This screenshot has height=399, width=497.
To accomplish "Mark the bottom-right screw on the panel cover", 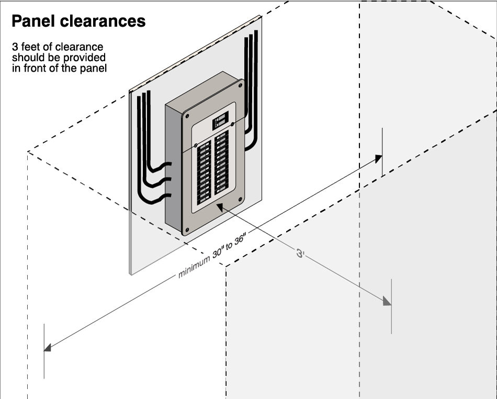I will (x=240, y=199).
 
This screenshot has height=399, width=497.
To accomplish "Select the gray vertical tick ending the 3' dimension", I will (x=391, y=306).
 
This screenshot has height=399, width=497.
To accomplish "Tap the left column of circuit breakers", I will (x=205, y=173).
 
